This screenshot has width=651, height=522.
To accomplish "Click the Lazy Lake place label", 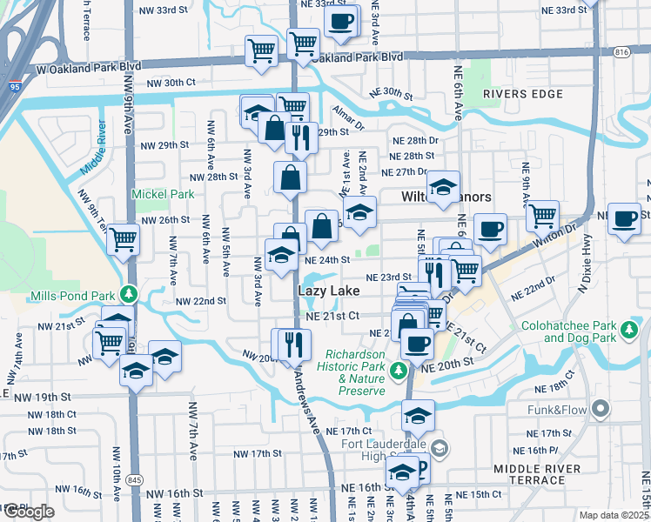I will point(328,290).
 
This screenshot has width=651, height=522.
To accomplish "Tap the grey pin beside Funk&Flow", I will point(599,408).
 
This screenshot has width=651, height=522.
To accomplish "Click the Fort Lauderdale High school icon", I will point(440,448).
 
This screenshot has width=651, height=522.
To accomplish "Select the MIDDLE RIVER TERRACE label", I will point(542,475).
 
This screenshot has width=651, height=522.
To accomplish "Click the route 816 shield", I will point(621,52).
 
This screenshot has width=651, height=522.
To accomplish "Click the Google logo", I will point(28,512).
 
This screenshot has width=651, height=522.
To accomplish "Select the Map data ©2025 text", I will point(614,515).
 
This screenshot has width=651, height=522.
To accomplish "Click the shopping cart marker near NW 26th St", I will point(124,238).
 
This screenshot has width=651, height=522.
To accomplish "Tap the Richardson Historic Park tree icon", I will point(399,371).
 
